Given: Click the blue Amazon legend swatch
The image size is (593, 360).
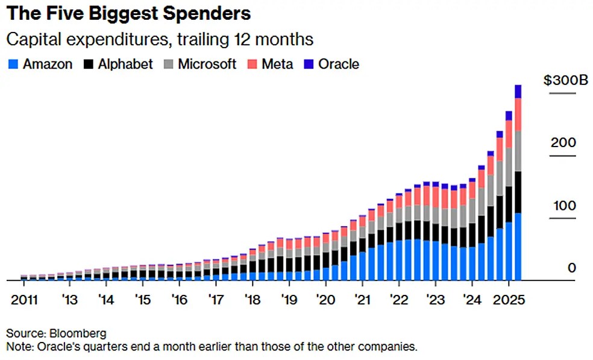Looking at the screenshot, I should (x=13, y=64).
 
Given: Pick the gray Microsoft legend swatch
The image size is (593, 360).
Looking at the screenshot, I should (x=169, y=64).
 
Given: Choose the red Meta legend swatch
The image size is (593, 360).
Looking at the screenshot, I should (x=251, y=64).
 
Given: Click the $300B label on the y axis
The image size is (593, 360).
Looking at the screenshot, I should (x=565, y=81).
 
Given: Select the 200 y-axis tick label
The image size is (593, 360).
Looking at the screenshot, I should (x=563, y=143).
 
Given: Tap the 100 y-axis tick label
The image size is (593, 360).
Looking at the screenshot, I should (x=563, y=205).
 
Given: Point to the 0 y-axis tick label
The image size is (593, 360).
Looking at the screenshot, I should (x=572, y=268).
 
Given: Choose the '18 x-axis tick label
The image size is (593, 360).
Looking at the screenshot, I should (x=252, y=300).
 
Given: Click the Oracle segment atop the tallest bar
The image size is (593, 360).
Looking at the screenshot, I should (x=518, y=91).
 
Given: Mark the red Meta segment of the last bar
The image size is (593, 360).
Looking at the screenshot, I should (x=518, y=114).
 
